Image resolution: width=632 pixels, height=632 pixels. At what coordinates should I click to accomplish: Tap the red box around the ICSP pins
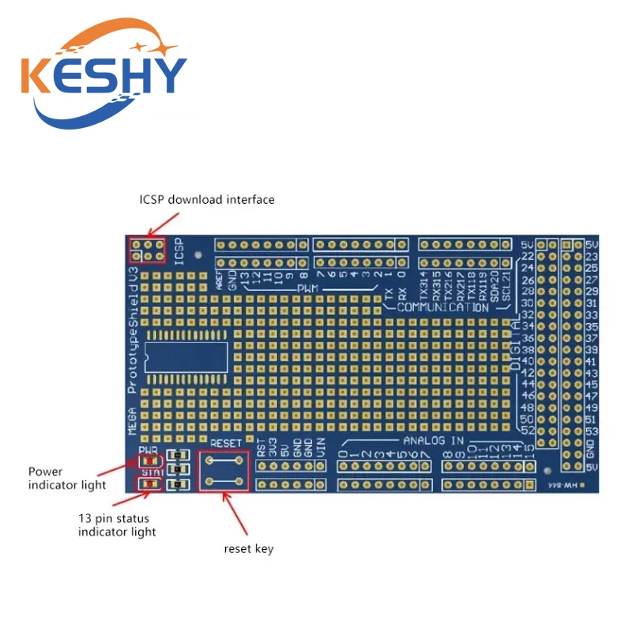(x=147, y=250)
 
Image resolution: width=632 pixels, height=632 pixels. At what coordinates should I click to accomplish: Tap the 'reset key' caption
(x=249, y=548)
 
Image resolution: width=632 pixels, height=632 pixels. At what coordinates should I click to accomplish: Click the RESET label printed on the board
(x=225, y=444)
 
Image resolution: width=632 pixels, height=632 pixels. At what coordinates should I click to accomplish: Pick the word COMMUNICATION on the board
(x=442, y=307)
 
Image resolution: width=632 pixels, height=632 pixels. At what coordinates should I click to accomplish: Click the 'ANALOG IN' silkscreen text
(x=433, y=440)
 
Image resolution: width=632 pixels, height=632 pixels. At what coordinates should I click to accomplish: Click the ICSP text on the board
(x=179, y=250)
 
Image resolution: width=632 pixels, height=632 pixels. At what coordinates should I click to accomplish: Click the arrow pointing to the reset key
(x=238, y=514)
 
